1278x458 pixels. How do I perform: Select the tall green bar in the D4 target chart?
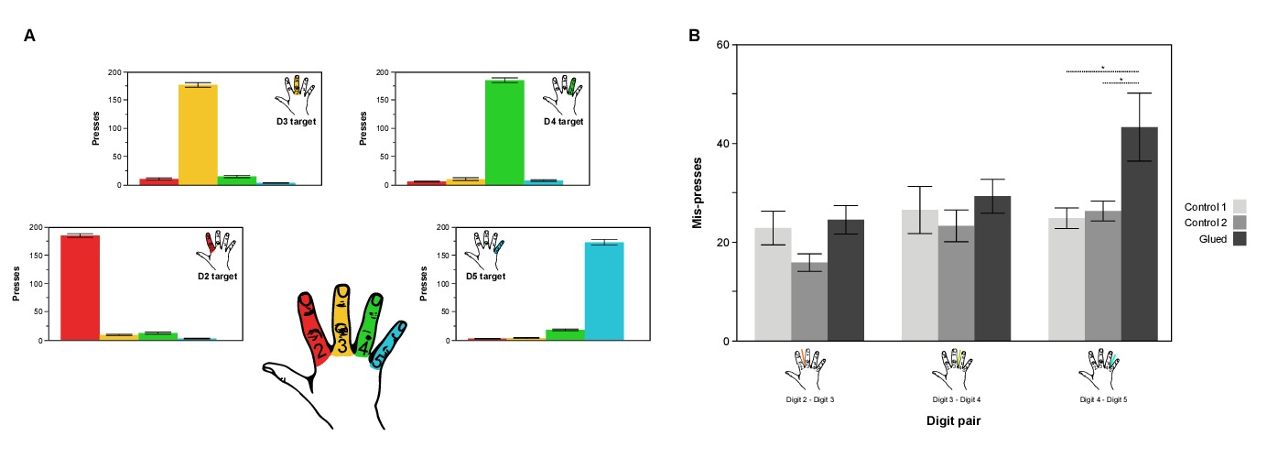pyautogui.click(x=504, y=133)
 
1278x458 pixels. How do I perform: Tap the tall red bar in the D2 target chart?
pyautogui.click(x=80, y=288)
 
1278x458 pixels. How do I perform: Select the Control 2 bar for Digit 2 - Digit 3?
pyautogui.click(x=809, y=301)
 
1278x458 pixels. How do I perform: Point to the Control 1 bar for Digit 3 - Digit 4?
pyautogui.click(x=919, y=275)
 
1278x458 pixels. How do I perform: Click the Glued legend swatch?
pyautogui.click(x=1240, y=239)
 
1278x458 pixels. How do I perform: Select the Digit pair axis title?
pyautogui.click(x=956, y=420)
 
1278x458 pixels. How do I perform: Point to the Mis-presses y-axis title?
pyautogui.click(x=698, y=193)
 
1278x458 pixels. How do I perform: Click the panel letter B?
pyautogui.click(x=695, y=36)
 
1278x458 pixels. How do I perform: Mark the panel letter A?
pyautogui.click(x=30, y=36)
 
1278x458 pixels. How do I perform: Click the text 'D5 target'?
pyautogui.click(x=485, y=276)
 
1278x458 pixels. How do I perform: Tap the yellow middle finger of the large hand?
pyautogui.click(x=341, y=321)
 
